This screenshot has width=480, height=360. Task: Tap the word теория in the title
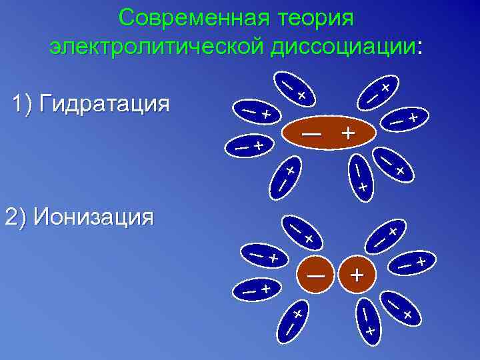(x=309, y=18)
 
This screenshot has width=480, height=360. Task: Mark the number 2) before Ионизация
(x=16, y=217)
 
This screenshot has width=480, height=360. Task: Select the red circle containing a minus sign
(x=316, y=274)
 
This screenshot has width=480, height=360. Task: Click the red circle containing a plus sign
(x=357, y=274)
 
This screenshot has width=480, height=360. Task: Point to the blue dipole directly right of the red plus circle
(x=411, y=263)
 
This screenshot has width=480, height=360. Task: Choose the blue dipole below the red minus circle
(x=292, y=320)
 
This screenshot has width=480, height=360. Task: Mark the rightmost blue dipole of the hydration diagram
(x=404, y=119)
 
